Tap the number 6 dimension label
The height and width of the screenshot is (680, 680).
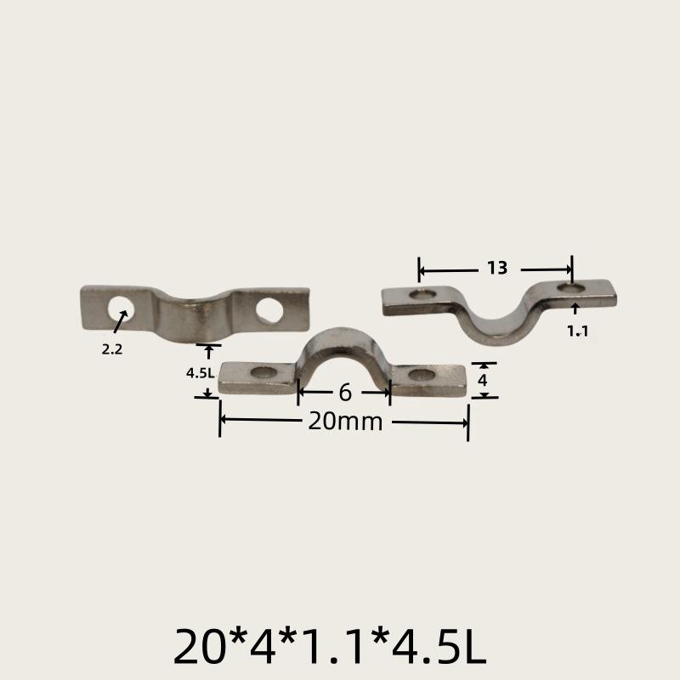(344, 393)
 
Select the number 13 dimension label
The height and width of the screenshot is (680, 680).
(497, 269)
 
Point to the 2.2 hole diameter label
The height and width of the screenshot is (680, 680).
(112, 348)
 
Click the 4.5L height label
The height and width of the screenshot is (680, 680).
(200, 371)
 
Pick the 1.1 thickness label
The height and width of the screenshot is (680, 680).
(578, 331)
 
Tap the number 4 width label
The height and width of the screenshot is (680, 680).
(483, 380)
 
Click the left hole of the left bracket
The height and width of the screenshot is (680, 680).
(120, 306)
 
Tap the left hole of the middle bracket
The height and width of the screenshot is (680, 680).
(265, 373)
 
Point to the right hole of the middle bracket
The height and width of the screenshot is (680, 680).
(419, 374)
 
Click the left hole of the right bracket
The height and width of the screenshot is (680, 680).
(421, 296)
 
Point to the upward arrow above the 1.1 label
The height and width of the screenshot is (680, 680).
(575, 309)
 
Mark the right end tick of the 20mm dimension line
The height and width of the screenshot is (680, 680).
(467, 422)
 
